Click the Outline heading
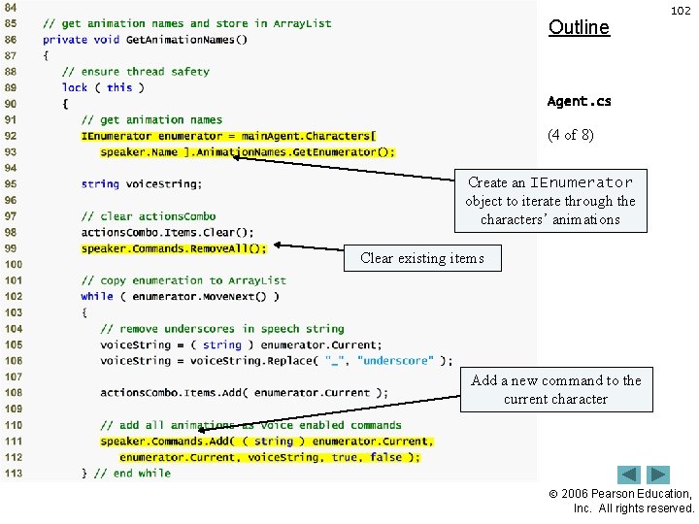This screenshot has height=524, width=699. (x=579, y=27)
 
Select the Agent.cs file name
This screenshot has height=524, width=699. (x=580, y=101)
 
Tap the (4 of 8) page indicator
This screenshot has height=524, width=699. (x=571, y=135)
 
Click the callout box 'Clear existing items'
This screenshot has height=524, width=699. (x=421, y=258)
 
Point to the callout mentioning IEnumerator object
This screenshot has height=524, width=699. (x=549, y=201)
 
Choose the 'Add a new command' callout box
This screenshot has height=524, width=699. (x=556, y=389)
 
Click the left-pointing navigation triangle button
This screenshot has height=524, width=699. (x=629, y=475)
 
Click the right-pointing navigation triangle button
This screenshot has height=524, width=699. (x=659, y=475)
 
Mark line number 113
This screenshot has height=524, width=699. (x=12, y=473)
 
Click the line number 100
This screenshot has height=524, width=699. (x=12, y=264)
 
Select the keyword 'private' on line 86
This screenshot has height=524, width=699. (x=64, y=40)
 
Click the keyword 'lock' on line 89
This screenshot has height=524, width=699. (x=75, y=87)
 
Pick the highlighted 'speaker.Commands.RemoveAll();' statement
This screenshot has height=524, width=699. (x=174, y=248)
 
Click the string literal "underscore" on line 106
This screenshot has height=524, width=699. (x=396, y=361)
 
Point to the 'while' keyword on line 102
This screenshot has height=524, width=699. (x=97, y=296)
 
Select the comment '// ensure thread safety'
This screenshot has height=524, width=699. (x=136, y=72)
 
